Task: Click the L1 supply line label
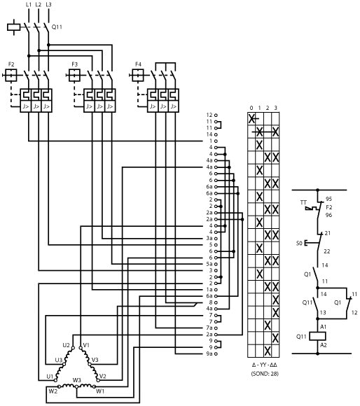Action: [29, 4]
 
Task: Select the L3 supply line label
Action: [48, 4]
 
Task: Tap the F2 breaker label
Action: [11, 64]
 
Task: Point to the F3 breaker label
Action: [75, 64]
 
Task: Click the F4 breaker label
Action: [138, 64]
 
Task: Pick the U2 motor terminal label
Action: [66, 345]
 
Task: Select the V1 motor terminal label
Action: [86, 345]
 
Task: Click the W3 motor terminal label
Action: [76, 380]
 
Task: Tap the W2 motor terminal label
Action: [53, 391]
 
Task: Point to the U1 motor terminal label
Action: [50, 376]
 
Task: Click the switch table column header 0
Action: [251, 108]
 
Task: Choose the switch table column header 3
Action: [275, 108]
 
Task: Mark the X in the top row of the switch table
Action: [251, 118]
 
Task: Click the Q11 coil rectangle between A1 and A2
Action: [318, 336]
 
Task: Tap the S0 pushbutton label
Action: [299, 244]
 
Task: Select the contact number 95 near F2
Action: [328, 199]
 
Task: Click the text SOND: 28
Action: [265, 374]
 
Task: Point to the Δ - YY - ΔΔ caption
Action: [265, 365]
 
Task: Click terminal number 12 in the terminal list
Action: [209, 115]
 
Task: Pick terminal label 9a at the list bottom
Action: [209, 353]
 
